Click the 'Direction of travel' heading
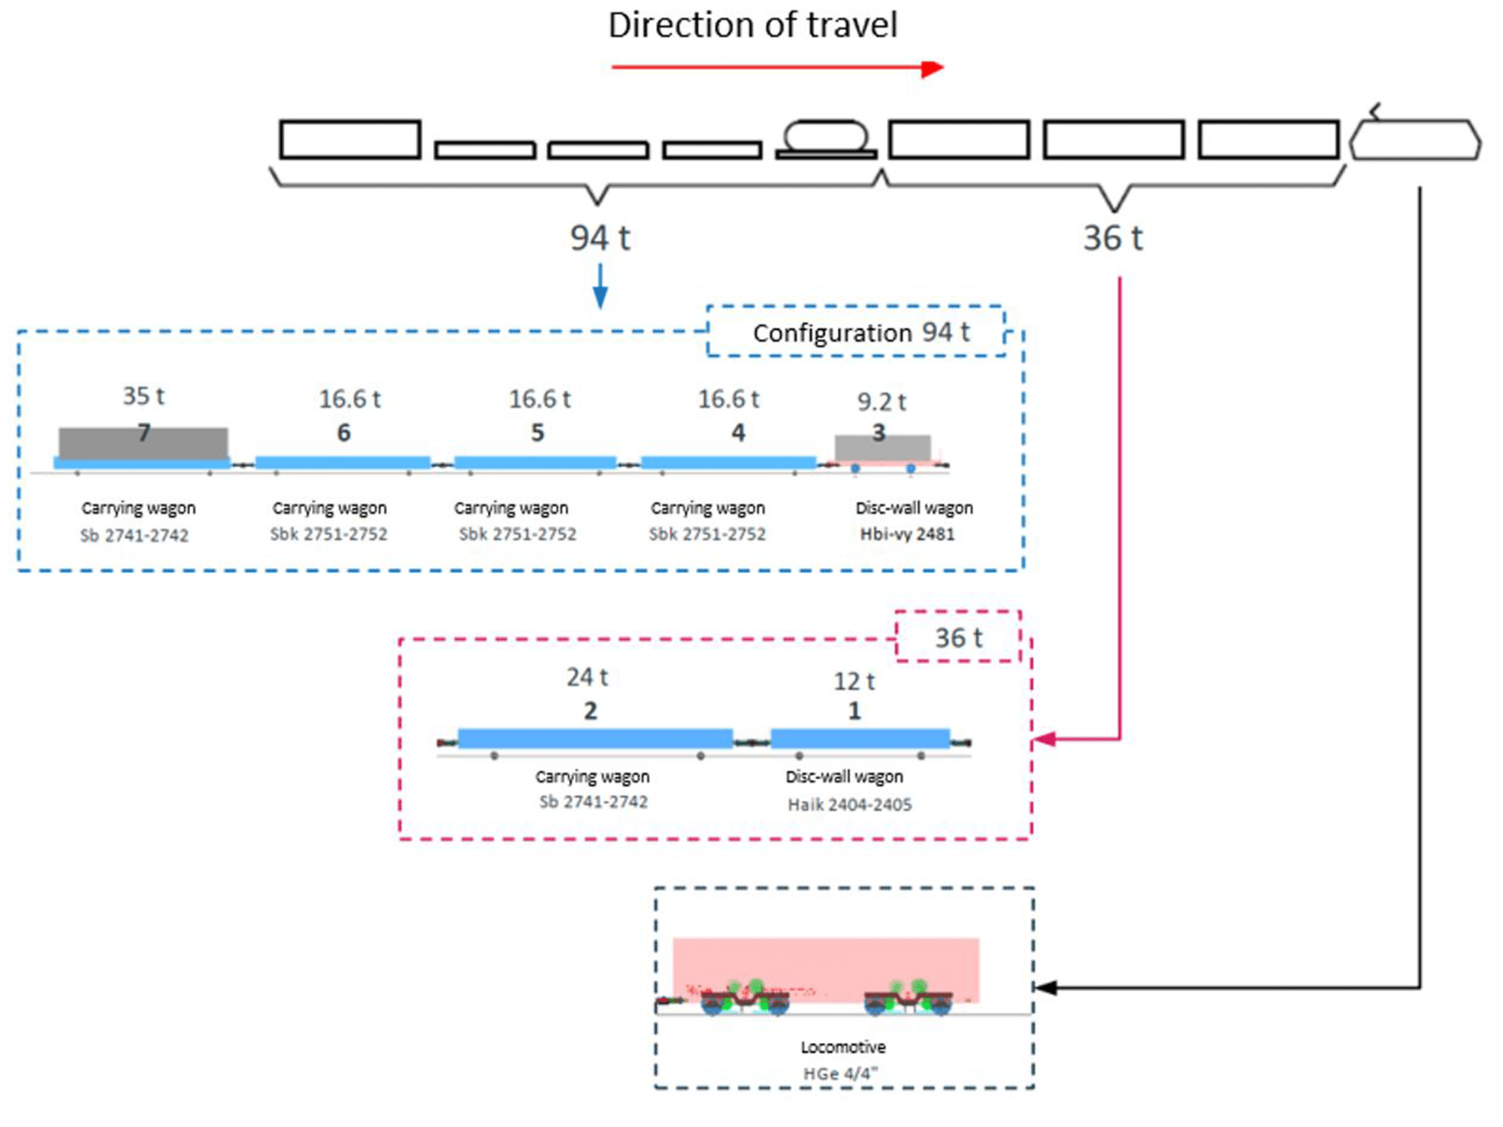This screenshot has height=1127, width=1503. tap(752, 26)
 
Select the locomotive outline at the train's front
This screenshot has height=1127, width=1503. tap(1415, 140)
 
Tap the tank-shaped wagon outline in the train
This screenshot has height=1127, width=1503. tap(826, 140)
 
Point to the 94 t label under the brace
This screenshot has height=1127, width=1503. tap(600, 238)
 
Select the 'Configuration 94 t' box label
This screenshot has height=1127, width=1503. tap(860, 332)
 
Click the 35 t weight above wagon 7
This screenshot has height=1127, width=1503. tap(144, 396)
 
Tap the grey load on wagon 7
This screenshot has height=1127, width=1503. tap(143, 443)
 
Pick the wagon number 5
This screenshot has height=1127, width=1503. tap(537, 433)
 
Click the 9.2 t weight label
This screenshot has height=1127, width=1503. tap(882, 402)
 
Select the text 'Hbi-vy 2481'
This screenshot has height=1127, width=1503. tap(907, 534)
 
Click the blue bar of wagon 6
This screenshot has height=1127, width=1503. tap(343, 462)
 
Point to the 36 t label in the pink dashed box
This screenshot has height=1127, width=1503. tap(958, 638)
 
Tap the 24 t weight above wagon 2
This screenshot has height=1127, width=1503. tap(587, 677)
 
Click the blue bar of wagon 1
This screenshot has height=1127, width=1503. tap(860, 738)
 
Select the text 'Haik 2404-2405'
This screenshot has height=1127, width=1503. tap(849, 805)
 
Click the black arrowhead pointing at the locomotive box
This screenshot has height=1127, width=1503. tap(1046, 987)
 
